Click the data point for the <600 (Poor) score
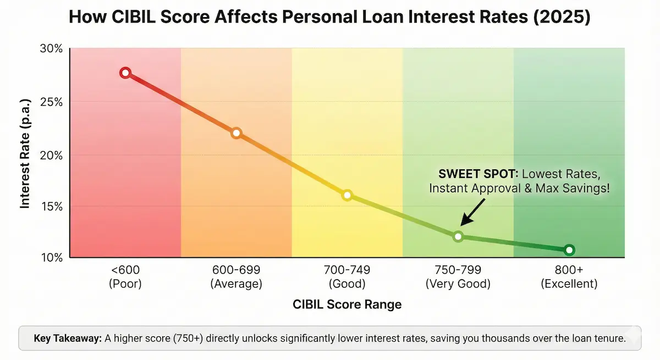click(x=125, y=73)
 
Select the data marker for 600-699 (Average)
click(x=237, y=133)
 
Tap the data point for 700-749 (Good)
click(x=347, y=195)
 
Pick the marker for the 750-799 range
click(x=458, y=236)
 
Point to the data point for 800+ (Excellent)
click(x=569, y=250)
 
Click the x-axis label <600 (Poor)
click(x=125, y=277)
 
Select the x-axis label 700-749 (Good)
click(x=347, y=277)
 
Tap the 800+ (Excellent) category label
click(x=569, y=277)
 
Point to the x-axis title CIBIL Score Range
click(x=347, y=304)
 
